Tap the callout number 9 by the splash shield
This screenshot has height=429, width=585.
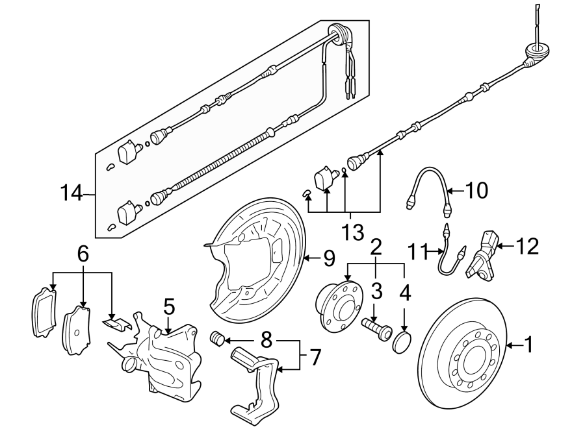pos(328,259)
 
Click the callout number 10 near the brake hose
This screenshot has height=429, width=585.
pos(476,191)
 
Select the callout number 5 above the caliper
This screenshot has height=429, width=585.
pos(168,305)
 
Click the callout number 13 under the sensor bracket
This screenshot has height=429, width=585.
pos(352,231)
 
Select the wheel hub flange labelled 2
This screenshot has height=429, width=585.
pos(338,302)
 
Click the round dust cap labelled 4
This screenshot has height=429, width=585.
pos(403,341)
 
